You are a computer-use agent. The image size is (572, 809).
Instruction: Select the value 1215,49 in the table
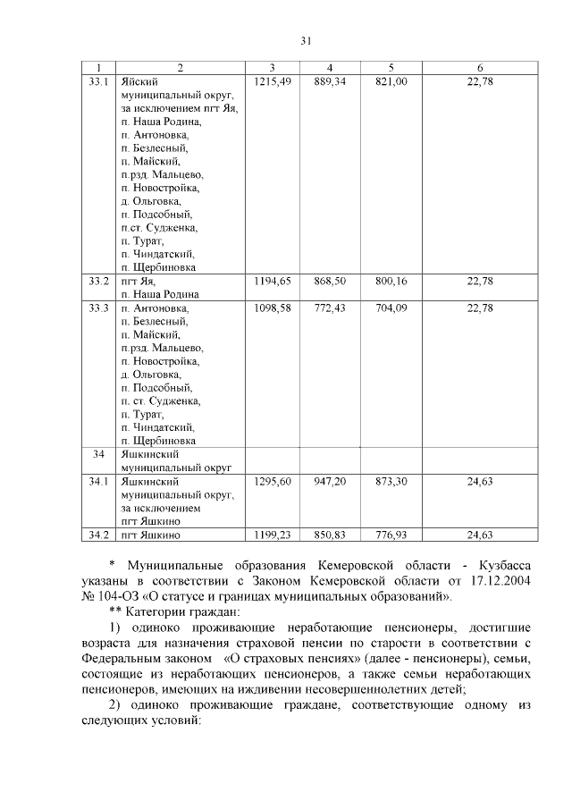[x=273, y=81]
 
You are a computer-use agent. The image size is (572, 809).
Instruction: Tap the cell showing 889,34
[x=330, y=81]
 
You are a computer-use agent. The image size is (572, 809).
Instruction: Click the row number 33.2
[x=99, y=281]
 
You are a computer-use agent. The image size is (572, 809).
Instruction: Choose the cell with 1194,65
[x=273, y=281]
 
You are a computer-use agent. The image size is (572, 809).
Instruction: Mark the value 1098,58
[x=273, y=308]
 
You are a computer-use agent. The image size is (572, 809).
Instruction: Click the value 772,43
[x=330, y=308]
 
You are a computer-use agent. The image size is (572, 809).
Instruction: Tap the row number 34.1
[x=99, y=481]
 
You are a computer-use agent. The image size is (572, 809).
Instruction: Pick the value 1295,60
[x=273, y=481]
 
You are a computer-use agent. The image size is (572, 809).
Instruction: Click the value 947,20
[x=330, y=481]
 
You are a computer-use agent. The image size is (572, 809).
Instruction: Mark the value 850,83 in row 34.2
[x=330, y=535]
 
